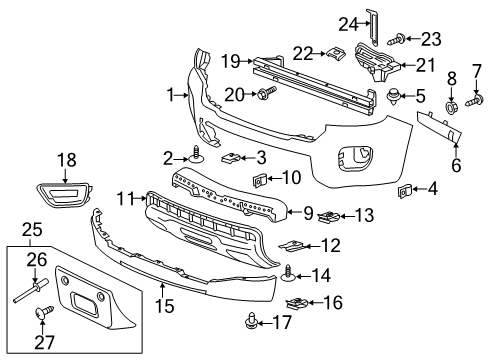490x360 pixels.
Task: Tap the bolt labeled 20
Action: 267,94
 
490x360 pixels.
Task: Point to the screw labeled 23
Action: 399,41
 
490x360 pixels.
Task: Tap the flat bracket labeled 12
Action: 296,245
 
